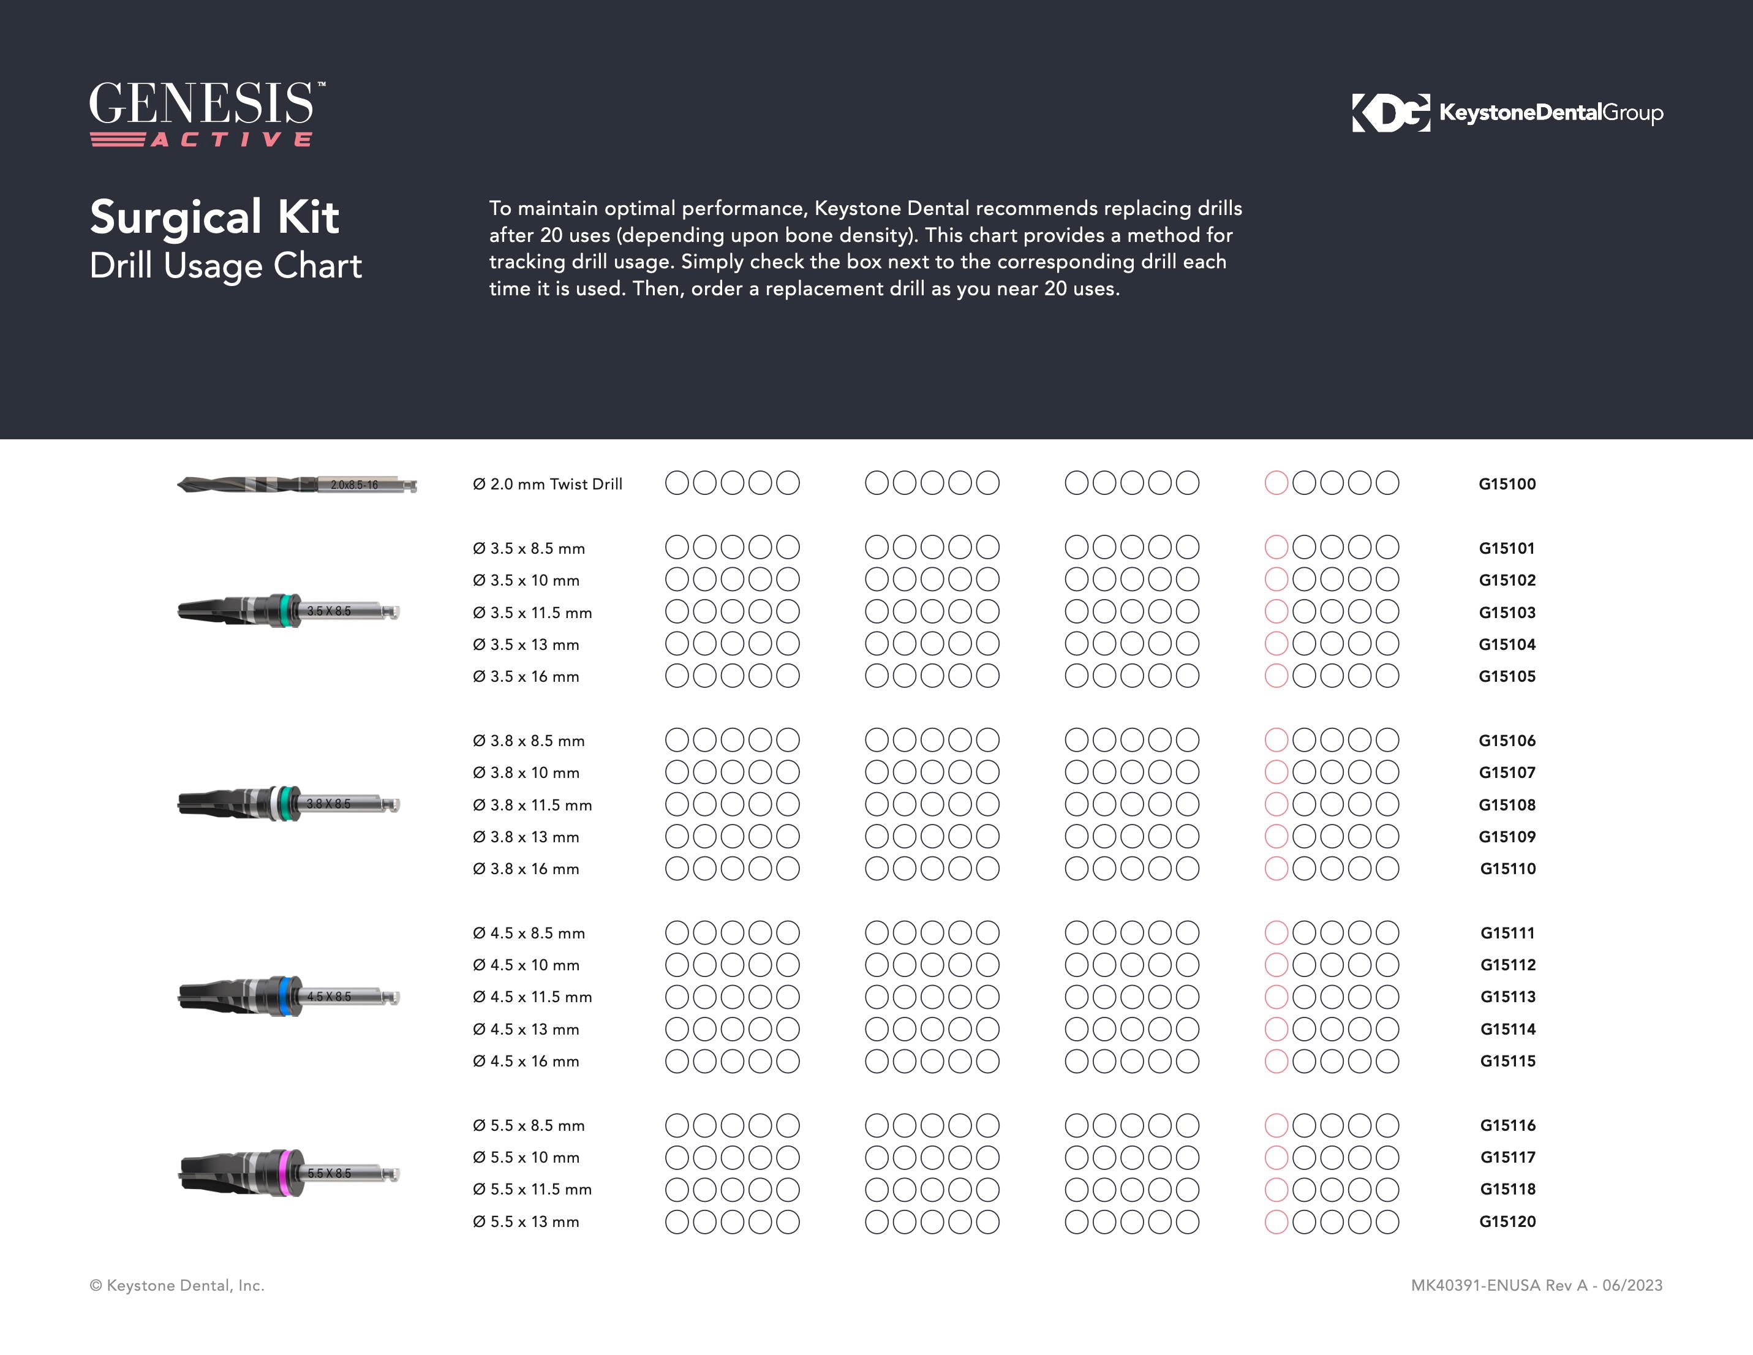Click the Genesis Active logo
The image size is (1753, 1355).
[x=207, y=113]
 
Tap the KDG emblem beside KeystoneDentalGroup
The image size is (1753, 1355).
[x=1390, y=112]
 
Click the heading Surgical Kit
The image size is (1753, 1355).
[x=214, y=217]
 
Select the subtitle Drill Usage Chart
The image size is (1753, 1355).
[x=225, y=266]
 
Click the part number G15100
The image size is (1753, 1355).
[x=1507, y=484]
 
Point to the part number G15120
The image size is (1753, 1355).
[x=1507, y=1221]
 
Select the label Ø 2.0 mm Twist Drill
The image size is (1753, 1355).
[x=548, y=484]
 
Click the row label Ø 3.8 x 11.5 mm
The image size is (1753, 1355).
[x=532, y=805]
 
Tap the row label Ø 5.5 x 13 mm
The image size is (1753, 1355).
[x=526, y=1221]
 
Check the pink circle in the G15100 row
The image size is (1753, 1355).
[x=1276, y=483]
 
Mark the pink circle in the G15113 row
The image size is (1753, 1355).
[x=1276, y=997]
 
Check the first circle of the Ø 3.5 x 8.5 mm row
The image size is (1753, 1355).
[x=677, y=548]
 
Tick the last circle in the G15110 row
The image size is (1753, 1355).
[x=1387, y=869]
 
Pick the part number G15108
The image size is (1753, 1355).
[x=1507, y=805]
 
